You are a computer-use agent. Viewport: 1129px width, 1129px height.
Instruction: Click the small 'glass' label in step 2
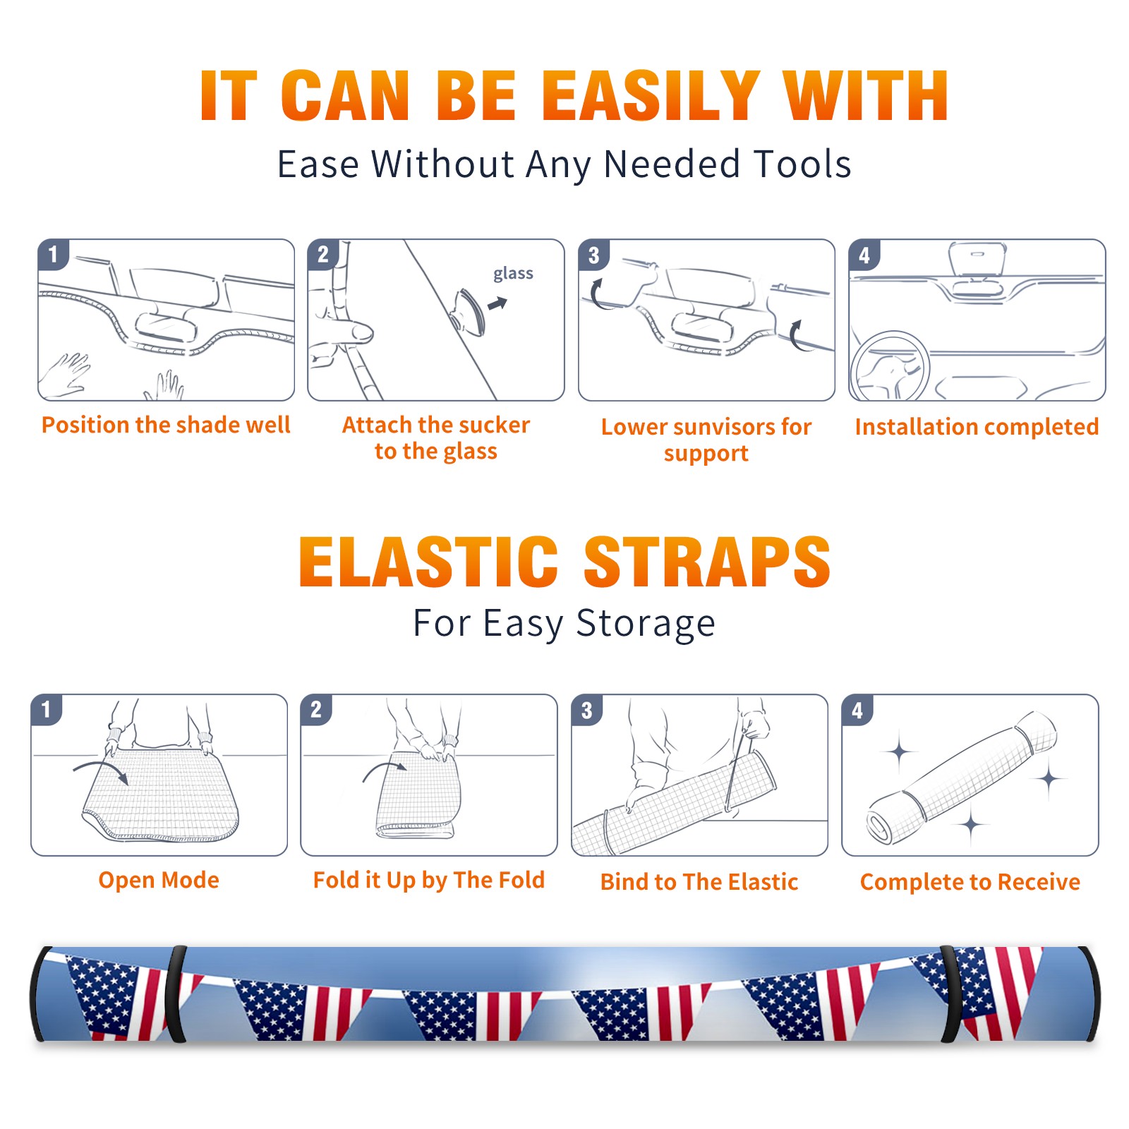(513, 273)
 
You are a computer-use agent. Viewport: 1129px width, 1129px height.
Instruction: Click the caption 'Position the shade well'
(166, 425)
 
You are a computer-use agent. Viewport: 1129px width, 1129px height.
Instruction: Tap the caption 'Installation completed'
(977, 427)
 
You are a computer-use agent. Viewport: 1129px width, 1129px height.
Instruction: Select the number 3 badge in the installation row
(593, 255)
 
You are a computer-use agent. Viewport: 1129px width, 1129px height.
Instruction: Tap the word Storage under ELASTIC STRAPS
(646, 624)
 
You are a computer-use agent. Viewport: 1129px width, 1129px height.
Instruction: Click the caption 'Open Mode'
(159, 880)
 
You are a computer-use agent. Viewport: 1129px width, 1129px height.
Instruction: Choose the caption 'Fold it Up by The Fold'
(429, 880)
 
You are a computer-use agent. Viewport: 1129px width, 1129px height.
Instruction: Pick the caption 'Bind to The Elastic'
(699, 882)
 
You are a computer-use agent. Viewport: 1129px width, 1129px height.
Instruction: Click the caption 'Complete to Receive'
(970, 882)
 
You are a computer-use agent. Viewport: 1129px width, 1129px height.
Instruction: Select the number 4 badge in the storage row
(857, 710)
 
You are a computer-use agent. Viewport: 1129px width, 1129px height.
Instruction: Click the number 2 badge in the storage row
(316, 710)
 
